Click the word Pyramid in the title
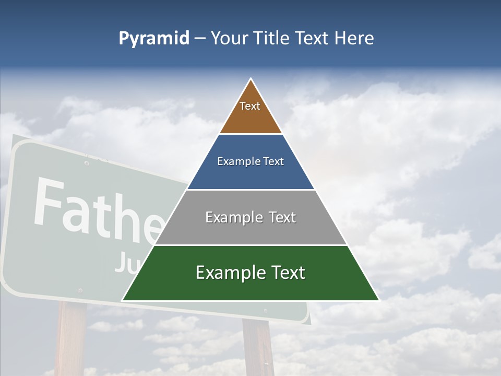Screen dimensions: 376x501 (154, 39)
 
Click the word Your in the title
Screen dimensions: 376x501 (229, 39)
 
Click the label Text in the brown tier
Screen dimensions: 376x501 (250, 107)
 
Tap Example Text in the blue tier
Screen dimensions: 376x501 (250, 161)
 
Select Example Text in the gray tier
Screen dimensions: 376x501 (250, 217)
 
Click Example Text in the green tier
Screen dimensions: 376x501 (250, 273)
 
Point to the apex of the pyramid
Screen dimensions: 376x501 (251, 79)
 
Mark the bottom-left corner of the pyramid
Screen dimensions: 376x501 (123, 300)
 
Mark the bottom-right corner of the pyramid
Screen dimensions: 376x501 (379, 300)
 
